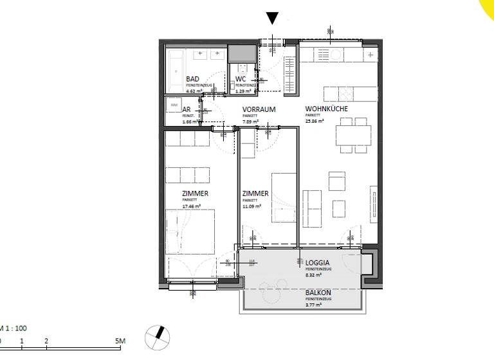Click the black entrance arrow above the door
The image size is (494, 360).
pos(273,18)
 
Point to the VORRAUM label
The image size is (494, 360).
pos(259,110)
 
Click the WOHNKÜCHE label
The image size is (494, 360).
pos(326,109)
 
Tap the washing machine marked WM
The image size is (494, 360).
pos(174,104)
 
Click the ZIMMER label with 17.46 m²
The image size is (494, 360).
pos(194,193)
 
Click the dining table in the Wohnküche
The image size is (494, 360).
pos(352,136)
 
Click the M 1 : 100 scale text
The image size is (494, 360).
pos(13,328)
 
